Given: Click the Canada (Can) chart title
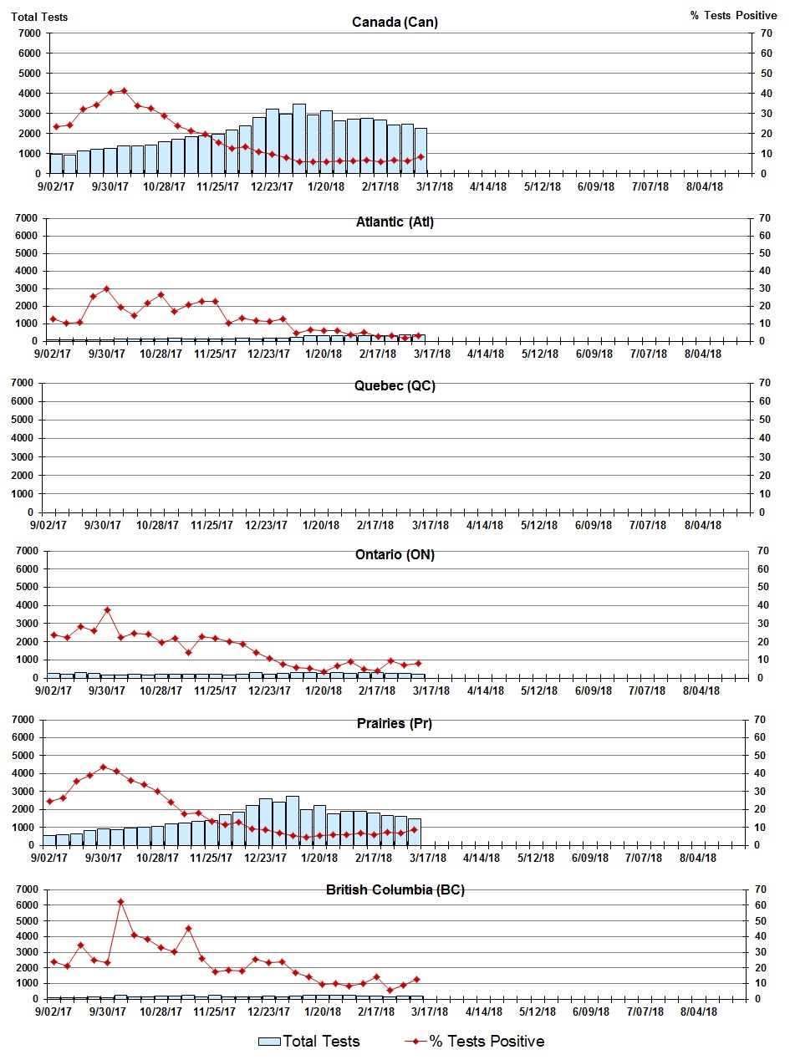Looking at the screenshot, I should point(395,22).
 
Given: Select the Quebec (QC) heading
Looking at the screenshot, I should point(395,386).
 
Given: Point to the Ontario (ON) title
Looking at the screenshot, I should point(395,555).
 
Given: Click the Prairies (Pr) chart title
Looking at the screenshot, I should point(395,724).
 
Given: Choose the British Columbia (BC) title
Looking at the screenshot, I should point(395,889).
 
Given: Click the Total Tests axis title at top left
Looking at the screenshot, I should point(39,16).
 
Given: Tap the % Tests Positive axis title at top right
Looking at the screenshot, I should point(733,16).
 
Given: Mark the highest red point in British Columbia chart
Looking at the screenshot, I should point(120,902).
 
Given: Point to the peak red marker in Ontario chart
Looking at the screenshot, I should point(107,610).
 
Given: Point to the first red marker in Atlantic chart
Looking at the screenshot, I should point(53,319).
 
